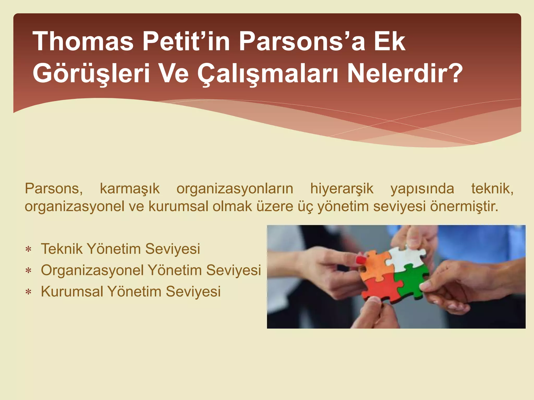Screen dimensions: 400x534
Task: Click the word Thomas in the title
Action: [x=83, y=41]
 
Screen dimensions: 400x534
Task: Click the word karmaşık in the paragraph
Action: [x=130, y=189]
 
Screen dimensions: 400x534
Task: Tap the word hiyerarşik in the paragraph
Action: [x=342, y=189]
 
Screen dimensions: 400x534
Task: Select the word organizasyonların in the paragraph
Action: [x=235, y=189]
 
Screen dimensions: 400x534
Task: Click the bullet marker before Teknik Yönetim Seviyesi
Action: [x=28, y=249]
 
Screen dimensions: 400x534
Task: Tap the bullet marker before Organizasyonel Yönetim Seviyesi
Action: [x=28, y=271]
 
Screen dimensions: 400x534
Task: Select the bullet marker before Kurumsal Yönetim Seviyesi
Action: [x=28, y=292]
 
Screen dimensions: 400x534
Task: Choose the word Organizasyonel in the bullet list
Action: [x=92, y=270]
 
